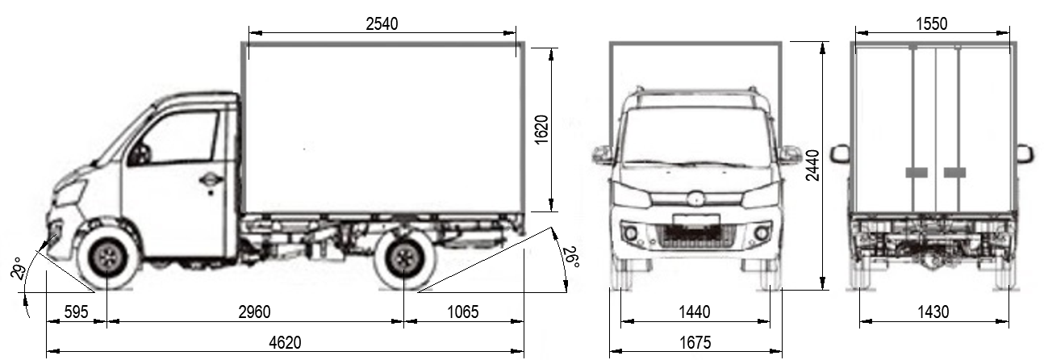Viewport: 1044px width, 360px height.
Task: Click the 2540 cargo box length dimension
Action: (382, 23)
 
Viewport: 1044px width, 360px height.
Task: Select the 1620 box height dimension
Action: (541, 129)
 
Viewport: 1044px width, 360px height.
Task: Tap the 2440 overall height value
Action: (812, 165)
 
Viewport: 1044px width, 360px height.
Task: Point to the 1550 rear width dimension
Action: (932, 23)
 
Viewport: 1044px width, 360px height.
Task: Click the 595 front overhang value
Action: (76, 312)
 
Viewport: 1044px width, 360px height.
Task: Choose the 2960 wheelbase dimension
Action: (254, 312)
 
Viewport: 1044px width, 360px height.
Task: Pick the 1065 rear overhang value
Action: (463, 312)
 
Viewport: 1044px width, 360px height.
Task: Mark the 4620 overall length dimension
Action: (286, 343)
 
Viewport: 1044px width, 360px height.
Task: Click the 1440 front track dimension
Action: (695, 312)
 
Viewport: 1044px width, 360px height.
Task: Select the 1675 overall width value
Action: (695, 343)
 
